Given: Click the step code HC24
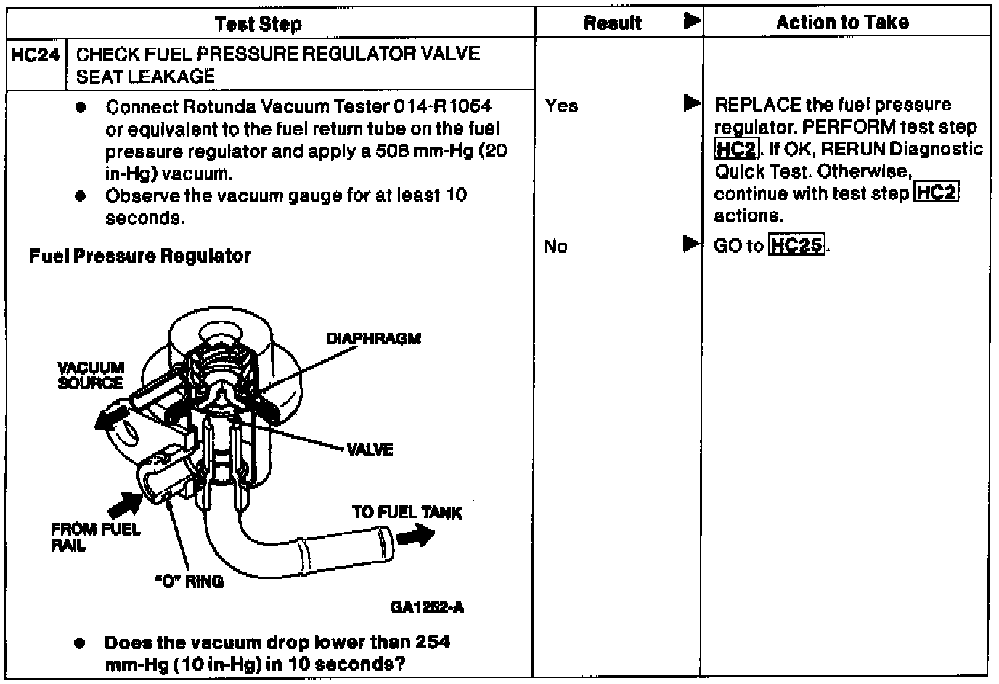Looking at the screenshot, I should (x=35, y=54).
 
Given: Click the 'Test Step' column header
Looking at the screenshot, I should (x=258, y=24).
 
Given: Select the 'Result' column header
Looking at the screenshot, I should (x=612, y=23).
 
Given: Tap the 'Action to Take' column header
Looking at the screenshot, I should (x=842, y=23).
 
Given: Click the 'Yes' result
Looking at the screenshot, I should (x=561, y=106).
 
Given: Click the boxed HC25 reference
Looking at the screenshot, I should (x=796, y=245).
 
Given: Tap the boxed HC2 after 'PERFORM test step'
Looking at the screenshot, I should (x=736, y=150).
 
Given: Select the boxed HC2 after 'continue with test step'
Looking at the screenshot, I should (x=937, y=193).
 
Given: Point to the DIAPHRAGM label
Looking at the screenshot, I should (x=373, y=339).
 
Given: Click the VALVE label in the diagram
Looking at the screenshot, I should (x=370, y=450).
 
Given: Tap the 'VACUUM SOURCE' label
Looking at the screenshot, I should (x=91, y=375).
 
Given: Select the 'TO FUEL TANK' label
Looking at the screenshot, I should (x=407, y=513).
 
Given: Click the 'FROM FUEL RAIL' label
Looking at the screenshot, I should (x=95, y=537).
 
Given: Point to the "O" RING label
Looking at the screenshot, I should (x=189, y=582).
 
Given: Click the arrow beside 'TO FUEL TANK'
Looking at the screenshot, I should (x=416, y=537).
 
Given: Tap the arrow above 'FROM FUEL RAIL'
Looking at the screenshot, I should (x=123, y=502).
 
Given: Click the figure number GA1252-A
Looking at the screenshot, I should (x=427, y=607).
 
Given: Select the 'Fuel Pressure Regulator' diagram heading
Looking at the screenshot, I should (x=139, y=256).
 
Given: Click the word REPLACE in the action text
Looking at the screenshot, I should (x=757, y=105).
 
